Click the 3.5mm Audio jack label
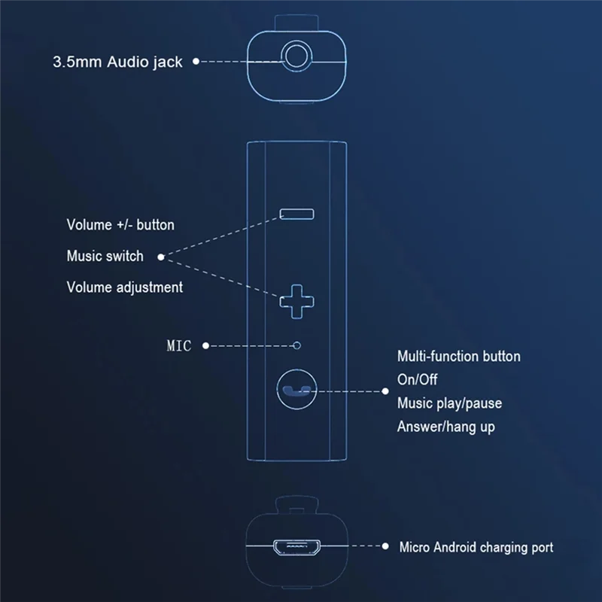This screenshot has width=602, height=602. pyautogui.click(x=117, y=62)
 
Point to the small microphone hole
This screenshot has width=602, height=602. pyautogui.click(x=297, y=345)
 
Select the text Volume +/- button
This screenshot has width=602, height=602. pyautogui.click(x=120, y=224)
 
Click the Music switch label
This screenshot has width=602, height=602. pyautogui.click(x=105, y=256)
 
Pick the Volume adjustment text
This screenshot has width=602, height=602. pyautogui.click(x=124, y=287)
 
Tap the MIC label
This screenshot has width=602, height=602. pyautogui.click(x=179, y=346)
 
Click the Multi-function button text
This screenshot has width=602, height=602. pyautogui.click(x=458, y=356)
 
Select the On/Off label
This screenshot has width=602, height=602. pyautogui.click(x=417, y=379)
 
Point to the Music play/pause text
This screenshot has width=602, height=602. pyautogui.click(x=449, y=403)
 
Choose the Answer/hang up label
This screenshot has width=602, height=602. pyautogui.click(x=445, y=427)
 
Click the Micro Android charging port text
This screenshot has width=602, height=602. pyautogui.click(x=476, y=547)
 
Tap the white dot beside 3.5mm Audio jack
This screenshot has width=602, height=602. pyautogui.click(x=196, y=62)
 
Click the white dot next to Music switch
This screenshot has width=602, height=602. pyautogui.click(x=161, y=257)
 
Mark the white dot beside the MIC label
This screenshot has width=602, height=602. pyautogui.click(x=205, y=346)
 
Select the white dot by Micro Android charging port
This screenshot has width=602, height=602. pyautogui.click(x=386, y=547)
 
